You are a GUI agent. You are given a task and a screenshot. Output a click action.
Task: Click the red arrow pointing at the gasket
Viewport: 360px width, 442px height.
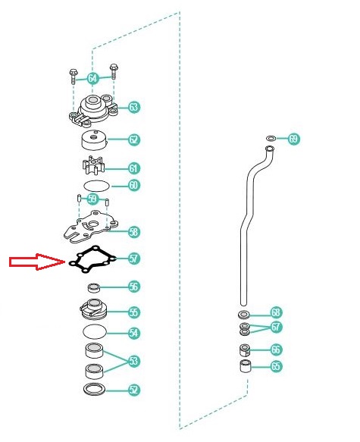pyautogui.click(x=37, y=262)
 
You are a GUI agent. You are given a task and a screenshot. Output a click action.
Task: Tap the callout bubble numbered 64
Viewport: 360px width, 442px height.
pyautogui.click(x=92, y=78)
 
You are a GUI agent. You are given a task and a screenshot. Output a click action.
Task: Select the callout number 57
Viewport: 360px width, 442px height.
pyautogui.click(x=134, y=259)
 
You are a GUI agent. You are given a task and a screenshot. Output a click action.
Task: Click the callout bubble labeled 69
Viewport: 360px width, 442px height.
pyautogui.click(x=293, y=139)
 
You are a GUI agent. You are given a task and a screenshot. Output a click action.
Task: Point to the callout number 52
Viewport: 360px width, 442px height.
pyautogui.click(x=134, y=390)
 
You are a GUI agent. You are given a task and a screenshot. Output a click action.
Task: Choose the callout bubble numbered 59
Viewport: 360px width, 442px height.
pyautogui.click(x=92, y=199)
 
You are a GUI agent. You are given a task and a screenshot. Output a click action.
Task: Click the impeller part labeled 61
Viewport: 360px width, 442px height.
pyautogui.click(x=93, y=166)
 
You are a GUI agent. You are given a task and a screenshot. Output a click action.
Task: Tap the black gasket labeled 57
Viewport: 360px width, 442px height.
pyautogui.click(x=92, y=259)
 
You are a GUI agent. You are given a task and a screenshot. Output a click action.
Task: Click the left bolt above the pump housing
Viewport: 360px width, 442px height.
pyautogui.click(x=73, y=77)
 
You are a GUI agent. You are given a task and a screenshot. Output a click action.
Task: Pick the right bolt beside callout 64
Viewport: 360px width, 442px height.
pyautogui.click(x=114, y=71)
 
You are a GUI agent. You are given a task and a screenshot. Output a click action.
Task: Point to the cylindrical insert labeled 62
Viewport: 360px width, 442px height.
pyautogui.click(x=95, y=140)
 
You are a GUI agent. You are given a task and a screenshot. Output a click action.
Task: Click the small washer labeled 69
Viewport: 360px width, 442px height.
pyautogui.click(x=271, y=139)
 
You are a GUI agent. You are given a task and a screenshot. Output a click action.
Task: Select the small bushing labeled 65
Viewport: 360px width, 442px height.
pyautogui.click(x=246, y=366)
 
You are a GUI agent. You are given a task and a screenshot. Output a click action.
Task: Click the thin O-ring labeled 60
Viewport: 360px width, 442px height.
pyautogui.click(x=96, y=186)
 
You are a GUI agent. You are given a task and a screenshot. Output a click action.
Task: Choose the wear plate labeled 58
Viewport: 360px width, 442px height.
pyautogui.click(x=91, y=227)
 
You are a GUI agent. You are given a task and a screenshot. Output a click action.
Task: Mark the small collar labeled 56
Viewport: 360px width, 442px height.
pyautogui.click(x=94, y=288)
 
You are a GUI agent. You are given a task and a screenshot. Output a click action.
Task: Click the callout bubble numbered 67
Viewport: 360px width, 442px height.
pyautogui.click(x=276, y=327)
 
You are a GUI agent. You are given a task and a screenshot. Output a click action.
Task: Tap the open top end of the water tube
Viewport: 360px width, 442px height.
pyautogui.click(x=270, y=149)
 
